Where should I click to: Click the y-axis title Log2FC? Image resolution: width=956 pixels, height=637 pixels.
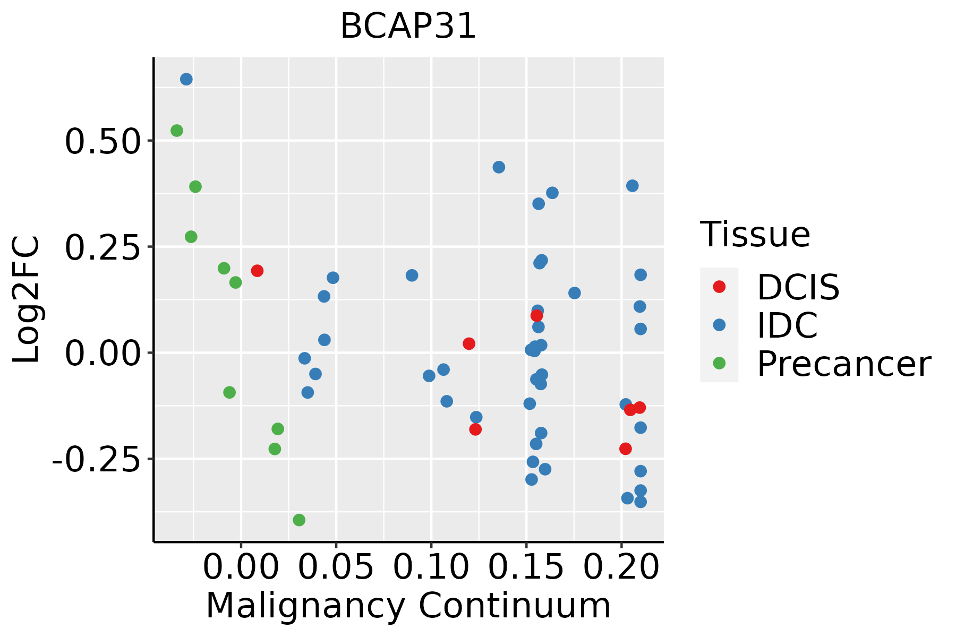(27, 300)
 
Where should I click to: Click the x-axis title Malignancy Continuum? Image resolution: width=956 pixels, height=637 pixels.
(408, 606)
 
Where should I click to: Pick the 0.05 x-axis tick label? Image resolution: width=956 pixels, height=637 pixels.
(336, 567)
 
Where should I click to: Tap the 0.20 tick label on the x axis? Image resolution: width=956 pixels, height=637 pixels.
(621, 567)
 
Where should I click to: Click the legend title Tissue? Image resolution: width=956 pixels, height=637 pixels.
(755, 234)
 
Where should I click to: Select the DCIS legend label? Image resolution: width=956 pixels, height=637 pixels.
(798, 287)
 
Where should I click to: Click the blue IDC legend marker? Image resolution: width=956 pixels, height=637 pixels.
(719, 325)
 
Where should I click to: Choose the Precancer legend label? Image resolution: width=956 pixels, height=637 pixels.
(843, 364)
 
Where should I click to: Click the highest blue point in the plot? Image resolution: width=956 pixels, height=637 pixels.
(186, 79)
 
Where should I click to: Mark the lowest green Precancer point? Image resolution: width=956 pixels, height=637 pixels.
(299, 520)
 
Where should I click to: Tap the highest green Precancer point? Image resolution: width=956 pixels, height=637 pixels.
(177, 131)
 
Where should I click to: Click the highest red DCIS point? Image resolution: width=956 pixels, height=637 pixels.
(257, 271)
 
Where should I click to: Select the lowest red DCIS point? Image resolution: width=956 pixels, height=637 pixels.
(626, 449)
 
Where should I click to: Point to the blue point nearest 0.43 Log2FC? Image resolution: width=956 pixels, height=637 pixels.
(499, 167)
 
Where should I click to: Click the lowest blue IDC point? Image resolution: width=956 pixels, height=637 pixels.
(641, 502)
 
